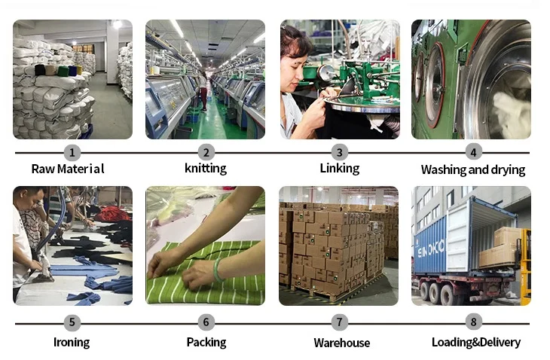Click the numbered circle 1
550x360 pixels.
click(72, 153)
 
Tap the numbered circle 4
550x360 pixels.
click(473, 153)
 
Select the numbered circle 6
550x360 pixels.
click(206, 323)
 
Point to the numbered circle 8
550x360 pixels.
click(473, 323)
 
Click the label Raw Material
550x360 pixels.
click(68, 169)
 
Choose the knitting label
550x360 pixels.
click(206, 169)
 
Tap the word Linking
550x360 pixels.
click(340, 169)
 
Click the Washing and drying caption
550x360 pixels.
click(473, 170)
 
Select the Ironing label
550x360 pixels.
click(72, 343)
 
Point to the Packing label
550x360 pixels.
click(206, 343)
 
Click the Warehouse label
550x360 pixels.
click(342, 343)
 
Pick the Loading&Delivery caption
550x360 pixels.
click(476, 343)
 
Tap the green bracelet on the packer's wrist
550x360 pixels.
click(218, 269)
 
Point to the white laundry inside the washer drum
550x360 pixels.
click(512, 113)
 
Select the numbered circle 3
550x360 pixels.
click(340, 153)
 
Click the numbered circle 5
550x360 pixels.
click(72, 323)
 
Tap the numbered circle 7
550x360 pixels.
click(340, 323)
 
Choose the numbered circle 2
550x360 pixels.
click(206, 153)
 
